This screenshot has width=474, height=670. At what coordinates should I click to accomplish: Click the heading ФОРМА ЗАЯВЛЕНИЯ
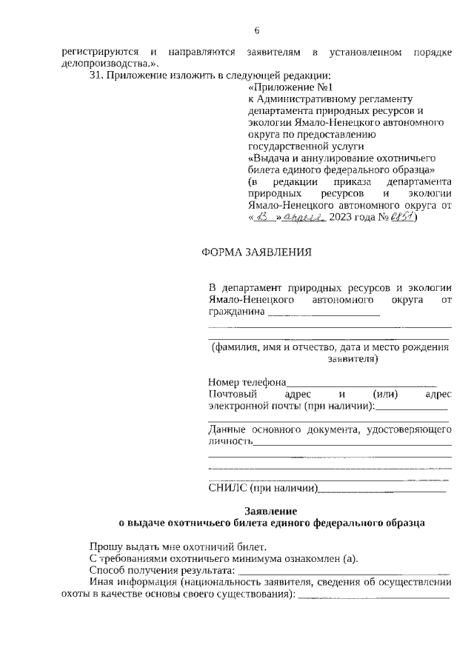[x=256, y=252]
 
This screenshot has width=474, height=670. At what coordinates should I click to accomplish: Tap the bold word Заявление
[x=270, y=511]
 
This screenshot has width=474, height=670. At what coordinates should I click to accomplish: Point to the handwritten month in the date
[x=301, y=218]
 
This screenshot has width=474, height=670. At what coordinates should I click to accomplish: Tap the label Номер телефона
[x=247, y=383]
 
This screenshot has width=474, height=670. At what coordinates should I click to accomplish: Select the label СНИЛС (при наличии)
[x=263, y=488]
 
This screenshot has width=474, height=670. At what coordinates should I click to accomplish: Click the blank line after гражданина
[x=323, y=315]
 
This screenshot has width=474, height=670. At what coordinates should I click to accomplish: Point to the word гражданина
[x=236, y=312]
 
